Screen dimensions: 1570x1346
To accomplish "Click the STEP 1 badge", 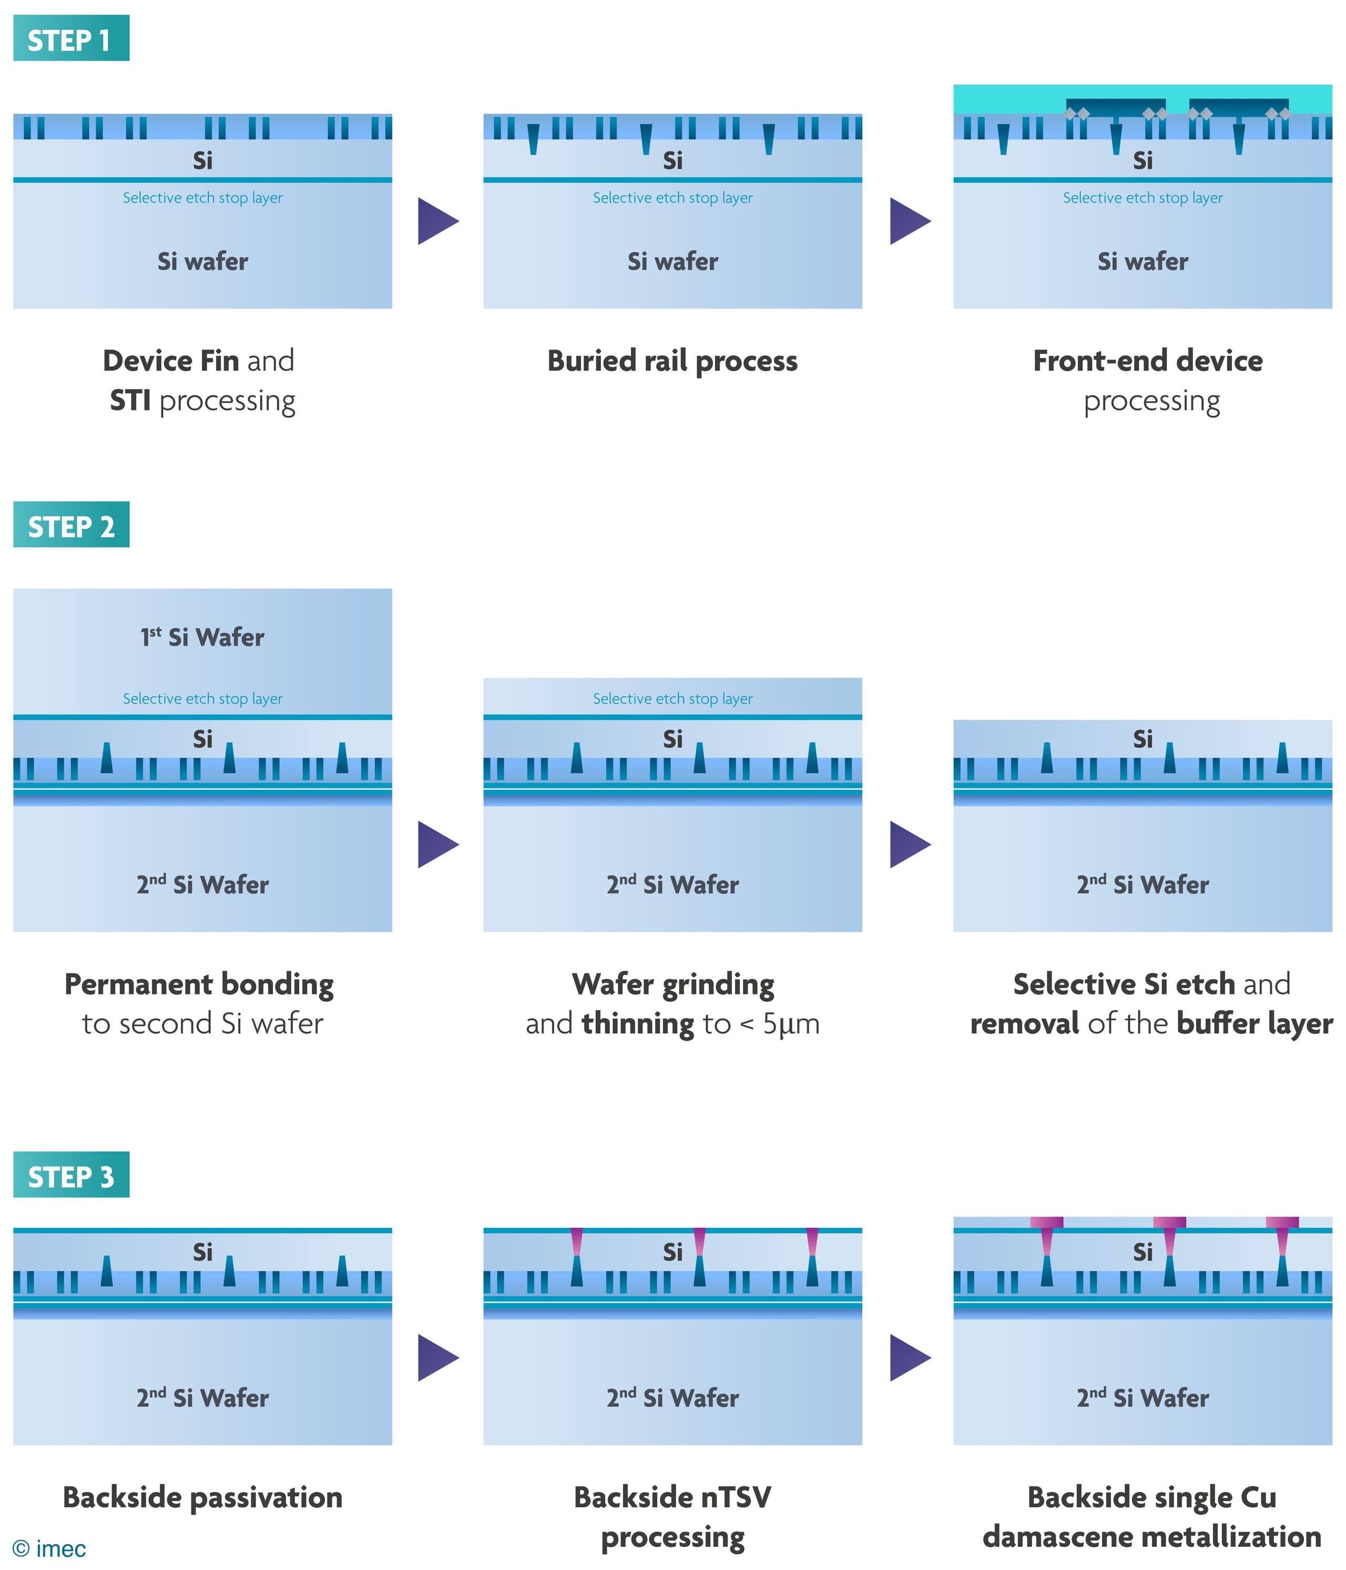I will pos(70,39).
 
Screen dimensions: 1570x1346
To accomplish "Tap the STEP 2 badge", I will pos(70,525).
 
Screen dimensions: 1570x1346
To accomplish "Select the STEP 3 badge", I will pos(70,1175).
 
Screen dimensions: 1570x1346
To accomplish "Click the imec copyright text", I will pos(50,1548).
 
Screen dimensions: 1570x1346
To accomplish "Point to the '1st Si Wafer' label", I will pos(202,637).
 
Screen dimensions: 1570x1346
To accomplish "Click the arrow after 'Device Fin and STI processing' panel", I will pos(437,221).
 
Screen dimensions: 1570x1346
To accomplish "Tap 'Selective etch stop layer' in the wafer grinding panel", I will pos(672,699).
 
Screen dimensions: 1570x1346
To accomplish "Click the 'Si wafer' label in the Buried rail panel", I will pos(672,261).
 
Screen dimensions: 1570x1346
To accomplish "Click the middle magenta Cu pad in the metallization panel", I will pos(1169,1222).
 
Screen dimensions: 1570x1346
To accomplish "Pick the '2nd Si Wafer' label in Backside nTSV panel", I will pos(672,1397).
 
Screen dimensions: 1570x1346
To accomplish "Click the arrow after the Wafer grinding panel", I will pos(910,844).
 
